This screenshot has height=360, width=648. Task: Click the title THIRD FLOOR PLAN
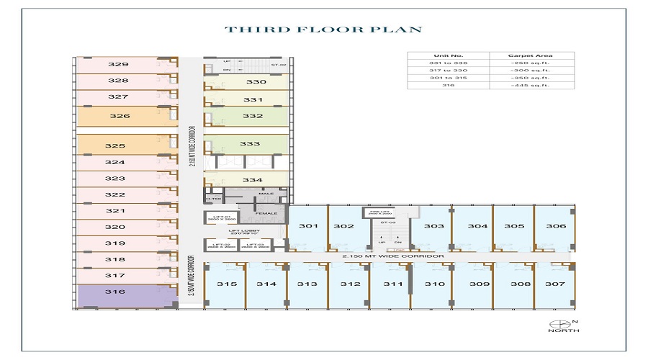tap(323, 30)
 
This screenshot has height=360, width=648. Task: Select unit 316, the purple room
tap(115, 292)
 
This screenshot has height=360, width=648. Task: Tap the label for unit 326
tap(120, 116)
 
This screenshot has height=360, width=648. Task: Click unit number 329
tap(118, 64)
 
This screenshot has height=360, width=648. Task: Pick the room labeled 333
tap(250, 144)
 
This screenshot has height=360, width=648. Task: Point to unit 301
tap(308, 226)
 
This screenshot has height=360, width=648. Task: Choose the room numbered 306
tap(555, 226)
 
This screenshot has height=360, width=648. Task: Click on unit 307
tap(555, 284)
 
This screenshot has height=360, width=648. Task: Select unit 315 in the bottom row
tap(227, 284)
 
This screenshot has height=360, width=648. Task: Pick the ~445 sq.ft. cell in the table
tap(533, 85)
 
